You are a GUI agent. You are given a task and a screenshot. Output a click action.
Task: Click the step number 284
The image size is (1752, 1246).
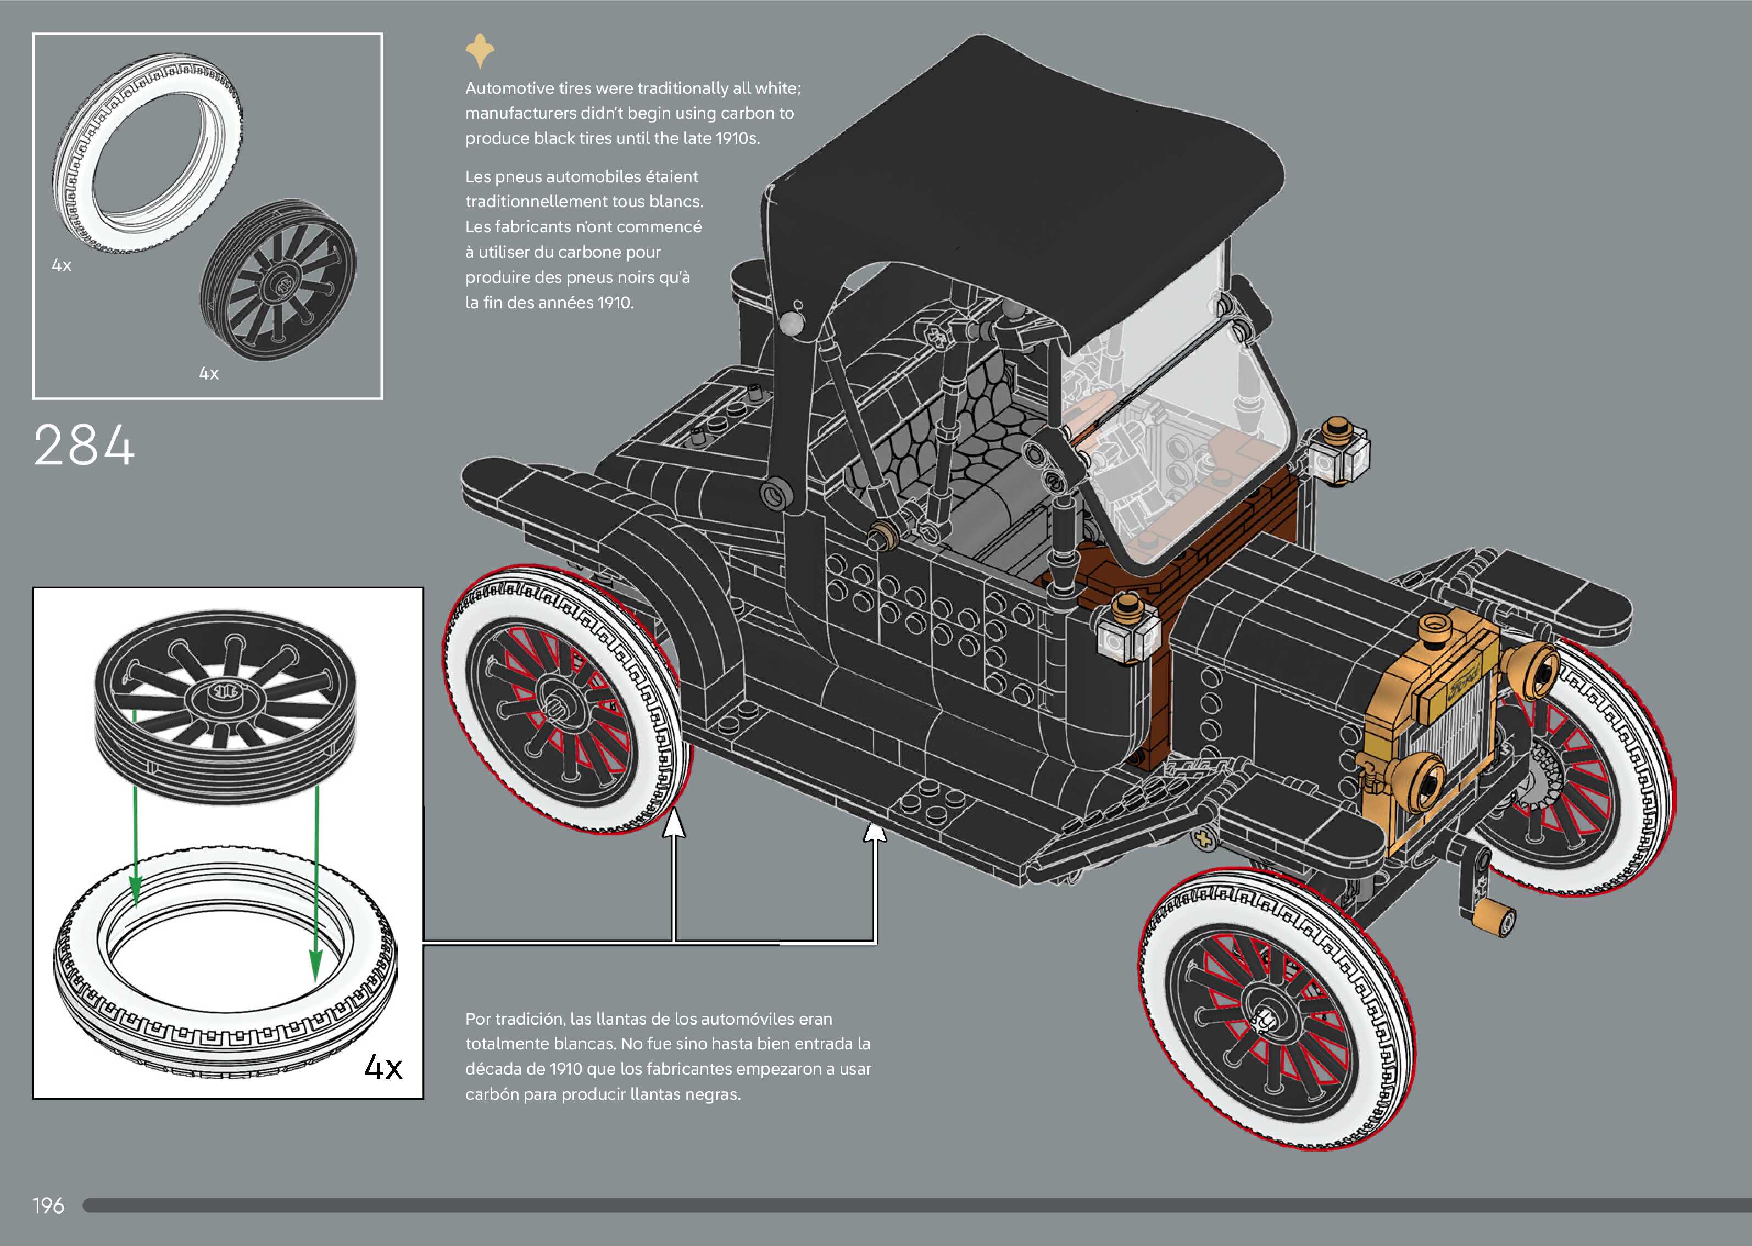(x=85, y=446)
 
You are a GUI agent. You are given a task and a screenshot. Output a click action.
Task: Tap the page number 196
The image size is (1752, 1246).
(x=48, y=1206)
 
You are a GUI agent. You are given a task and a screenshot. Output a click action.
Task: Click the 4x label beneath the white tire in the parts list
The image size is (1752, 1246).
(x=62, y=265)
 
